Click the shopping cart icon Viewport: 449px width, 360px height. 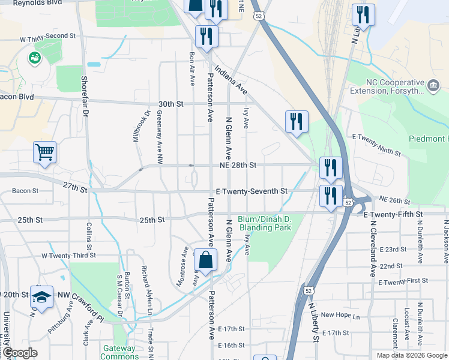point(45,152)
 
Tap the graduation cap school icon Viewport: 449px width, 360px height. point(41,298)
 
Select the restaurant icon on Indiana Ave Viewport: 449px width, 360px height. point(297,121)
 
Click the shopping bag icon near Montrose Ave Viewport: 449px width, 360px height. point(205,260)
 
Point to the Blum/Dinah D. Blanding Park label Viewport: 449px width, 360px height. point(265,223)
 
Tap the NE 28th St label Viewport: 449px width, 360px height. point(239,165)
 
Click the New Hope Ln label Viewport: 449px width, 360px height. point(340,315)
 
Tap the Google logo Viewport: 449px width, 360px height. point(20,353)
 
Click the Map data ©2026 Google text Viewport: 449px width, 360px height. point(412,355)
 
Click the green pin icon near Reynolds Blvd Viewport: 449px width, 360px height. point(35,58)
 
